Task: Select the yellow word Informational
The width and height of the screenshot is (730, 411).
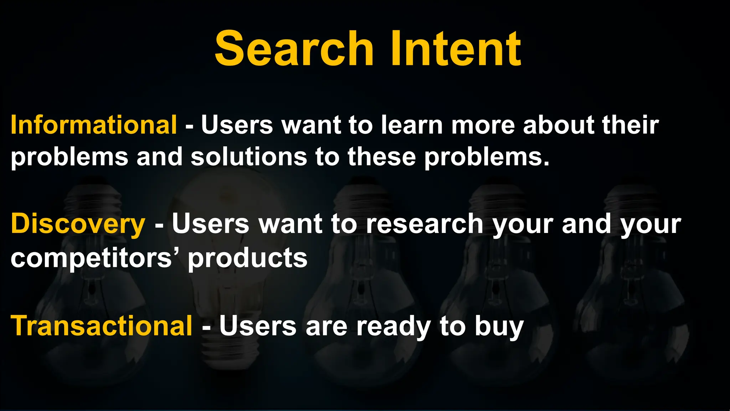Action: pos(94,125)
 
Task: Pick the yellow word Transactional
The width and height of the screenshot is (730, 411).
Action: pos(102,326)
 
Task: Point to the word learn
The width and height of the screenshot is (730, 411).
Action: pos(412,125)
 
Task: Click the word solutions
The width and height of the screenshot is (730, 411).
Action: pos(248,157)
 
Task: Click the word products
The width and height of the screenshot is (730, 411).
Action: pos(247,259)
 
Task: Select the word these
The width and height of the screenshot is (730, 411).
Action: pos(381,157)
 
